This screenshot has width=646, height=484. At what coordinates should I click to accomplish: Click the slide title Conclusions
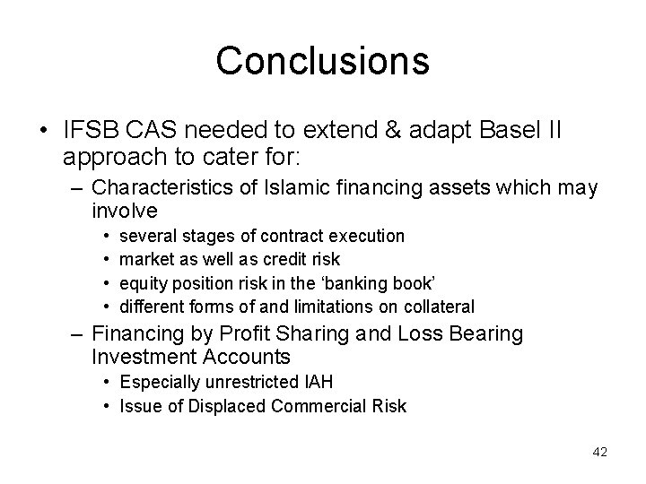coord(322,60)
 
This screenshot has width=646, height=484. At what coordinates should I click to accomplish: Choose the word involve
coord(125,211)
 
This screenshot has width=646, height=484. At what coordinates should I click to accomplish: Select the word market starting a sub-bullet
coord(147,259)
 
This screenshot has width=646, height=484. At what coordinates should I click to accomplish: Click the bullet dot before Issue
coord(107,406)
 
